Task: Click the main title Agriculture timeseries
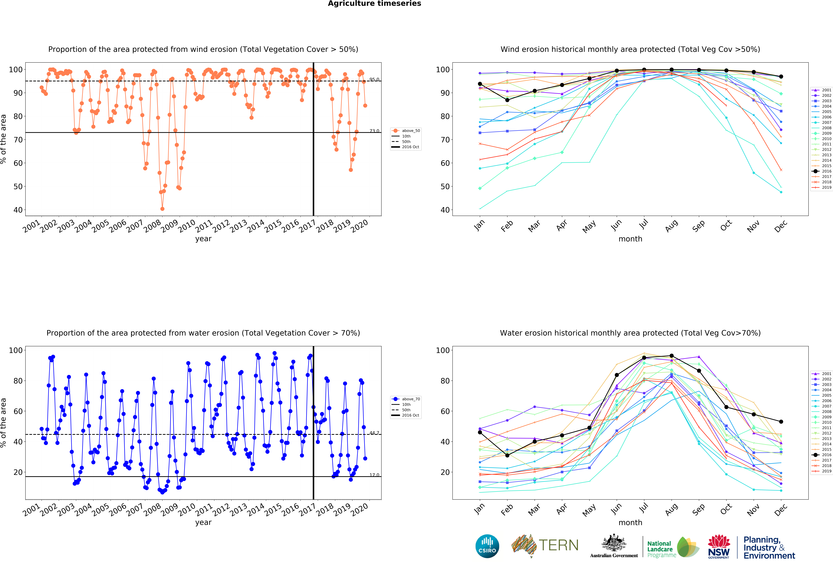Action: coord(375,4)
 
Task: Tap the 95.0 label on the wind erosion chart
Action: coord(374,79)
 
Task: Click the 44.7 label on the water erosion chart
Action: coord(374,433)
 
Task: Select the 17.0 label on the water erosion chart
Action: coord(374,475)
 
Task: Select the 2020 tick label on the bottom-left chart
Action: coord(359,510)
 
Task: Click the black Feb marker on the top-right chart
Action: coord(507,100)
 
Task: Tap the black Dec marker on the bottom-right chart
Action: coord(781,422)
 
